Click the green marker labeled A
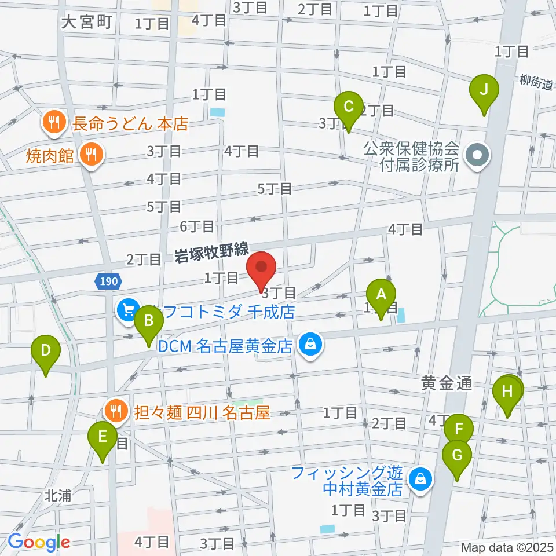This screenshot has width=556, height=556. tap(381, 294)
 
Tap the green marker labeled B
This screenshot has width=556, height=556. tap(148, 320)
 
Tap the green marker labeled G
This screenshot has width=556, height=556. tap(457, 456)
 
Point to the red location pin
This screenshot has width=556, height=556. tap(262, 268)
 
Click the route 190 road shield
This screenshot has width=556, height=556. tap(107, 281)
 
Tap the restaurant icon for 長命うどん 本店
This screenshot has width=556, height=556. tap(54, 123)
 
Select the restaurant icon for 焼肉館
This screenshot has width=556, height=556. tap(91, 155)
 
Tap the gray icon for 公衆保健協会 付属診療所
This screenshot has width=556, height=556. tap(478, 155)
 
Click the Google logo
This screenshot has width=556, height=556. tap(39, 542)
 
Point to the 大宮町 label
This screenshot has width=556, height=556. tap(86, 23)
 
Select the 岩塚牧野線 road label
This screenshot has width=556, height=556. tap(212, 251)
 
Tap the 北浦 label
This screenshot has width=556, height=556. tap(58, 496)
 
